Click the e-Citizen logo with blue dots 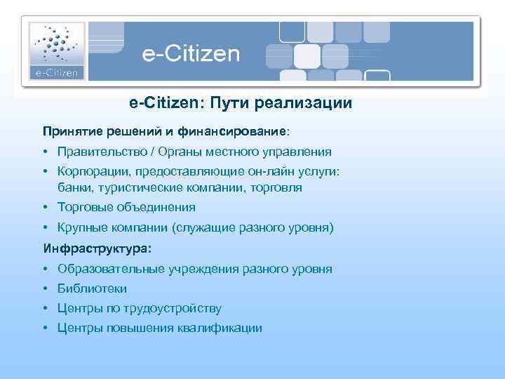[56, 51]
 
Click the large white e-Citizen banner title [191, 54]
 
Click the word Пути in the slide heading [228, 103]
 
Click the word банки [75, 188]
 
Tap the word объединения [151, 208]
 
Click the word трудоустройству [175, 308]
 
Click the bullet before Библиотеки [45, 288]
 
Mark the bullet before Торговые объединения [45, 208]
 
